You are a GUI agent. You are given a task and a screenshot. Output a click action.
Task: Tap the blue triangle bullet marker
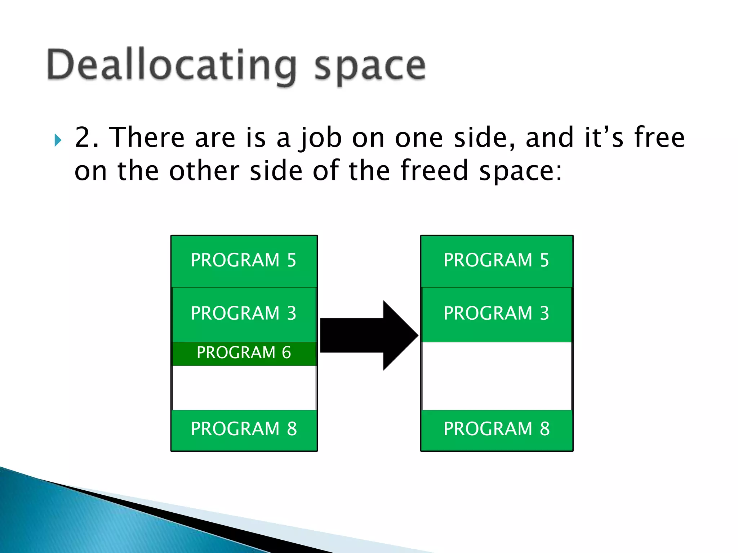click(58, 140)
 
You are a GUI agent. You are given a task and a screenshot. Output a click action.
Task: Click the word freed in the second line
click(434, 170)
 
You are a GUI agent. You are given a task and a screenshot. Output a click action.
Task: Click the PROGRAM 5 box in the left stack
click(244, 261)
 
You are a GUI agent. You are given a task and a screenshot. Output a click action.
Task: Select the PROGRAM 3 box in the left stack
click(244, 314)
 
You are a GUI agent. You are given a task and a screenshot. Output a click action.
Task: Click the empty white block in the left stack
click(244, 388)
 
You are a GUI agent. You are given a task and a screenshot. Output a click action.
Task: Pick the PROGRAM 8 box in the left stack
click(244, 429)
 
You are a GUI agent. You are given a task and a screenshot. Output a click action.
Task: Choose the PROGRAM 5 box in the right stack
click(497, 261)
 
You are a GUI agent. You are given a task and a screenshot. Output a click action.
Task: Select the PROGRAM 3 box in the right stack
click(497, 314)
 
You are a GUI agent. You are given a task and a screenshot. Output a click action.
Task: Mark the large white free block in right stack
click(497, 376)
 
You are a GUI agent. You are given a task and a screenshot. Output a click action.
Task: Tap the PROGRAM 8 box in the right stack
click(497, 429)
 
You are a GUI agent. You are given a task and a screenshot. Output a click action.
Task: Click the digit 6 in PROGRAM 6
click(286, 353)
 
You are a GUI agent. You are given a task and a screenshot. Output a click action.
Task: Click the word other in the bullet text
click(204, 170)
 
